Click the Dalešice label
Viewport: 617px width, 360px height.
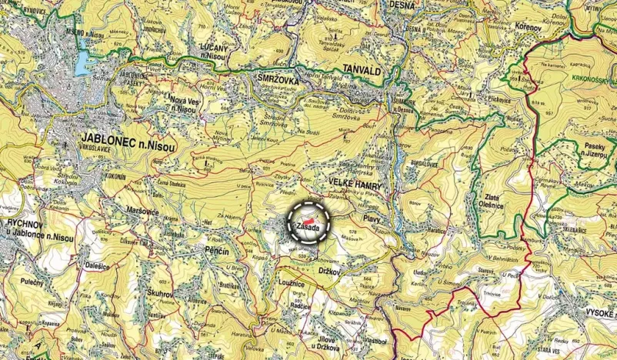tap(102, 265)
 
